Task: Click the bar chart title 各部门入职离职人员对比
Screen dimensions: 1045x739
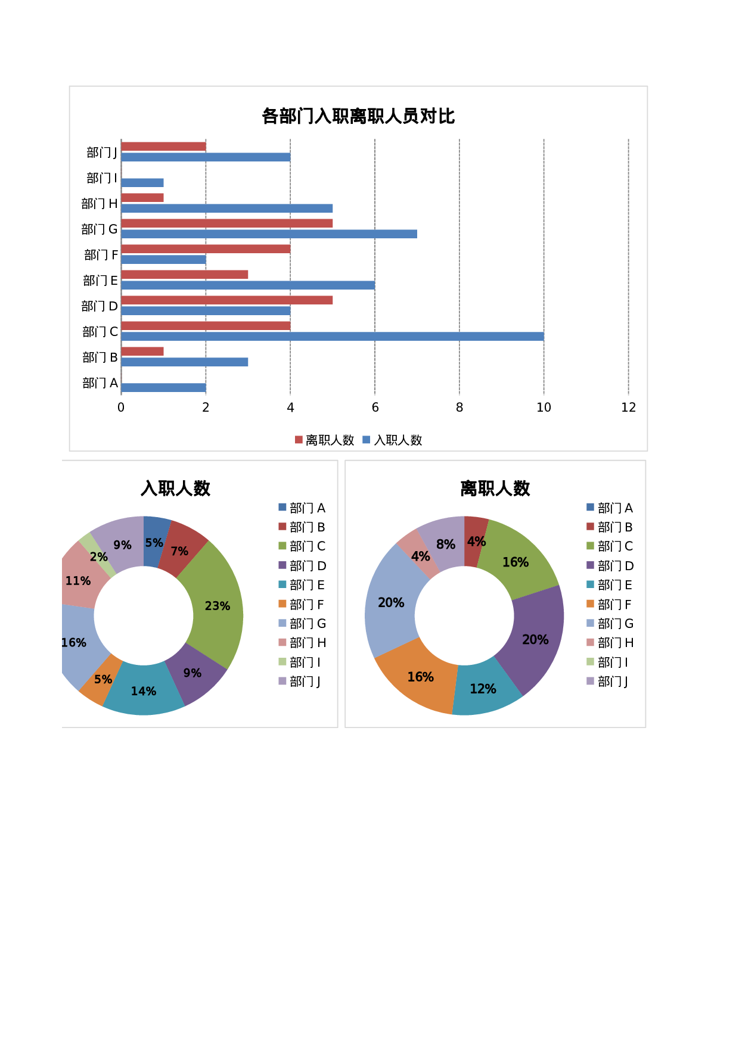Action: tap(358, 116)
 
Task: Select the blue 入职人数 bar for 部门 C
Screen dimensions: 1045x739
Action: tap(332, 337)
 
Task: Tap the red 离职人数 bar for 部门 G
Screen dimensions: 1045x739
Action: tap(226, 223)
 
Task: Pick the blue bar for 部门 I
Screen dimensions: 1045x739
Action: tap(142, 183)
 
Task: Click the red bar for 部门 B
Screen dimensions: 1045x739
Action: tap(142, 352)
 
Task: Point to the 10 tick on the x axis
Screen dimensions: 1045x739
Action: tap(544, 408)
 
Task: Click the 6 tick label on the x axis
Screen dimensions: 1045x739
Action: tap(375, 408)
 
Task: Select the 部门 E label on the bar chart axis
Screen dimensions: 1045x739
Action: tap(100, 281)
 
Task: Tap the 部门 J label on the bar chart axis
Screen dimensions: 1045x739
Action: tap(101, 153)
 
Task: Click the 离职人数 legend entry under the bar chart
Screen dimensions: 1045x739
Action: tap(325, 440)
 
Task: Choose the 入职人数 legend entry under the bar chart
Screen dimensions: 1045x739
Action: tap(393, 440)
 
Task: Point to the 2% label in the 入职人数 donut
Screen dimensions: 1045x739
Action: tap(99, 557)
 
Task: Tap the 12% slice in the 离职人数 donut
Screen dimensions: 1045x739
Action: tap(483, 689)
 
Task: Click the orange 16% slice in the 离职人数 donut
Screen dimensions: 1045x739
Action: tap(420, 676)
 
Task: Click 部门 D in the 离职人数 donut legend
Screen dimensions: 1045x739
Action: tap(610, 566)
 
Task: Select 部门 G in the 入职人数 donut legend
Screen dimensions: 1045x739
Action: tap(302, 624)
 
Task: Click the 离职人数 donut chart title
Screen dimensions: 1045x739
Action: tap(495, 489)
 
